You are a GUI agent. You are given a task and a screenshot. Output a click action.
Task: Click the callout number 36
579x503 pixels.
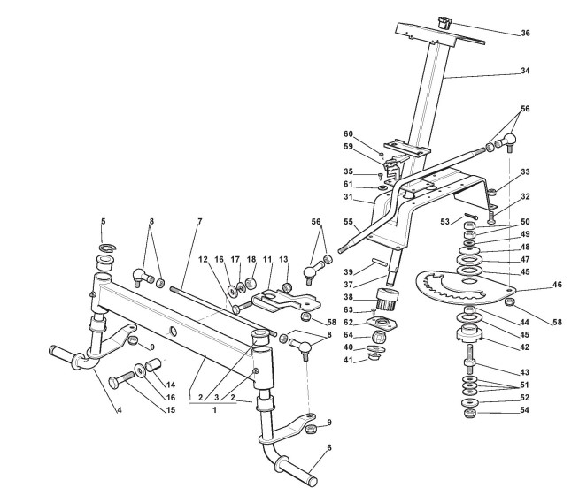pos(525,34)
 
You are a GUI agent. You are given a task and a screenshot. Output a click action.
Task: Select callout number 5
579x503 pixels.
pos(103,220)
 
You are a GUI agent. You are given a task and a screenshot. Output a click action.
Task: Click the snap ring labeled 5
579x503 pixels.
pos(104,245)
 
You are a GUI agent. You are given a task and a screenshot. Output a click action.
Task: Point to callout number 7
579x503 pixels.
pos(200,220)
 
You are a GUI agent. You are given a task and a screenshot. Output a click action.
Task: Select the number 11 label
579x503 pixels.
pos(266,260)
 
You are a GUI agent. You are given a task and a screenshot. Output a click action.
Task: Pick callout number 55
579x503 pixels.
pos(347,223)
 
